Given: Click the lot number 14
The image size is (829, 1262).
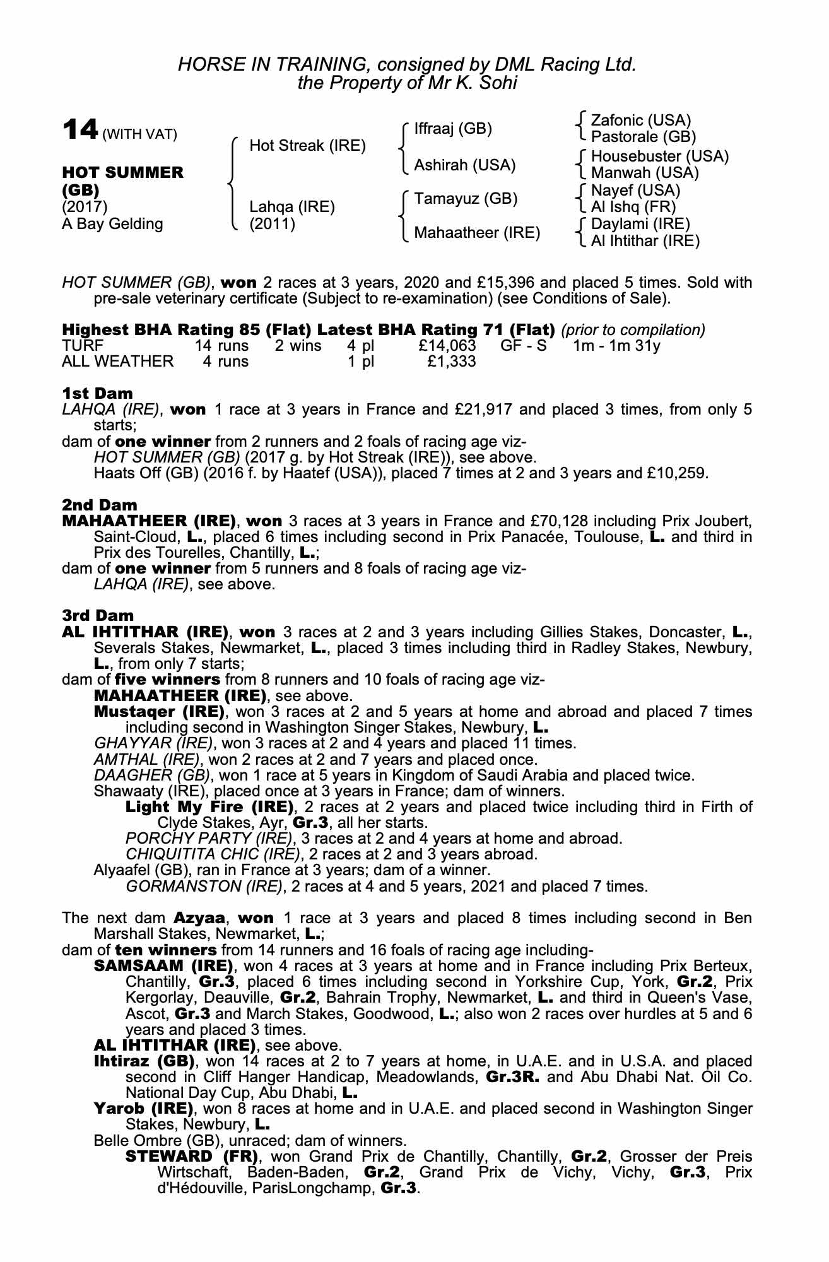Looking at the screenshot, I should [x=79, y=130].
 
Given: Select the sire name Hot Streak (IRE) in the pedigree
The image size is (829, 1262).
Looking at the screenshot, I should [x=307, y=146].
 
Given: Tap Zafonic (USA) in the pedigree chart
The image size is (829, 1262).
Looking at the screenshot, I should [x=640, y=121].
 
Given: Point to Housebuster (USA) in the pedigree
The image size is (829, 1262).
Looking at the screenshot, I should [x=659, y=156].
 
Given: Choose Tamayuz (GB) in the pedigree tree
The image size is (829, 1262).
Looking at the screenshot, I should [x=466, y=199].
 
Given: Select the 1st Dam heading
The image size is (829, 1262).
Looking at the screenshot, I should [x=97, y=394].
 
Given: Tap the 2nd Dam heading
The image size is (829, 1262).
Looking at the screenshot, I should [x=100, y=505].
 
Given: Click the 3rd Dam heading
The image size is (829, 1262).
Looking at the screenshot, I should [x=98, y=615].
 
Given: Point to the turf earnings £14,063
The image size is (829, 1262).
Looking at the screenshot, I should [x=447, y=346].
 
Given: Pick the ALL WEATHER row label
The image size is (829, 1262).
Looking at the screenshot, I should [x=117, y=362].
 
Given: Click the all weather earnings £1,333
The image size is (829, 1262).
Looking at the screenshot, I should [x=452, y=362].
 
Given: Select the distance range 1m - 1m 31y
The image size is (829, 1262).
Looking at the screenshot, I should [x=616, y=346].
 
